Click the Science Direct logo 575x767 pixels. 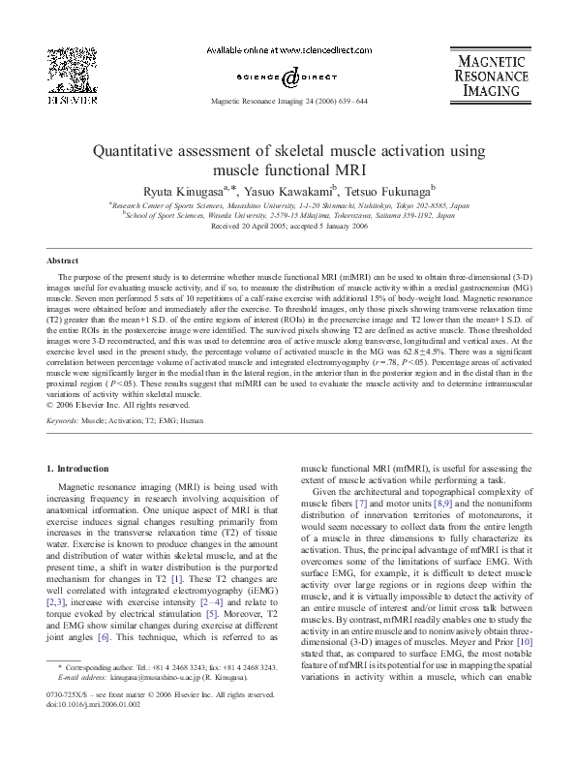coord(287,77)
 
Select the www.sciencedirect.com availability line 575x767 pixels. coord(287,47)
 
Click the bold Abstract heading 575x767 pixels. coord(63,261)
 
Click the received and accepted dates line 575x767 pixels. coord(287,228)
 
